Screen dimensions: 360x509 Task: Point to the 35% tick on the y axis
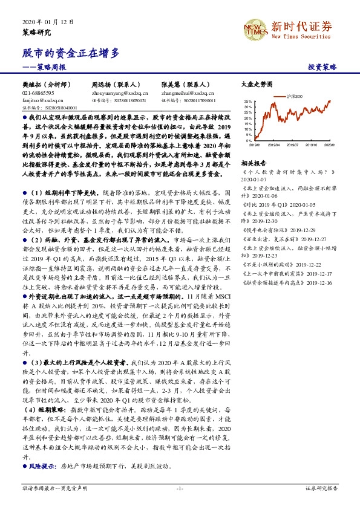point(248,102)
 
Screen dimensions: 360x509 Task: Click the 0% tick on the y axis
point(249,140)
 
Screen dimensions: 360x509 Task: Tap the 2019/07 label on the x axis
point(293,145)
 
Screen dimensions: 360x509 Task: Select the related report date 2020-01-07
point(254,180)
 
